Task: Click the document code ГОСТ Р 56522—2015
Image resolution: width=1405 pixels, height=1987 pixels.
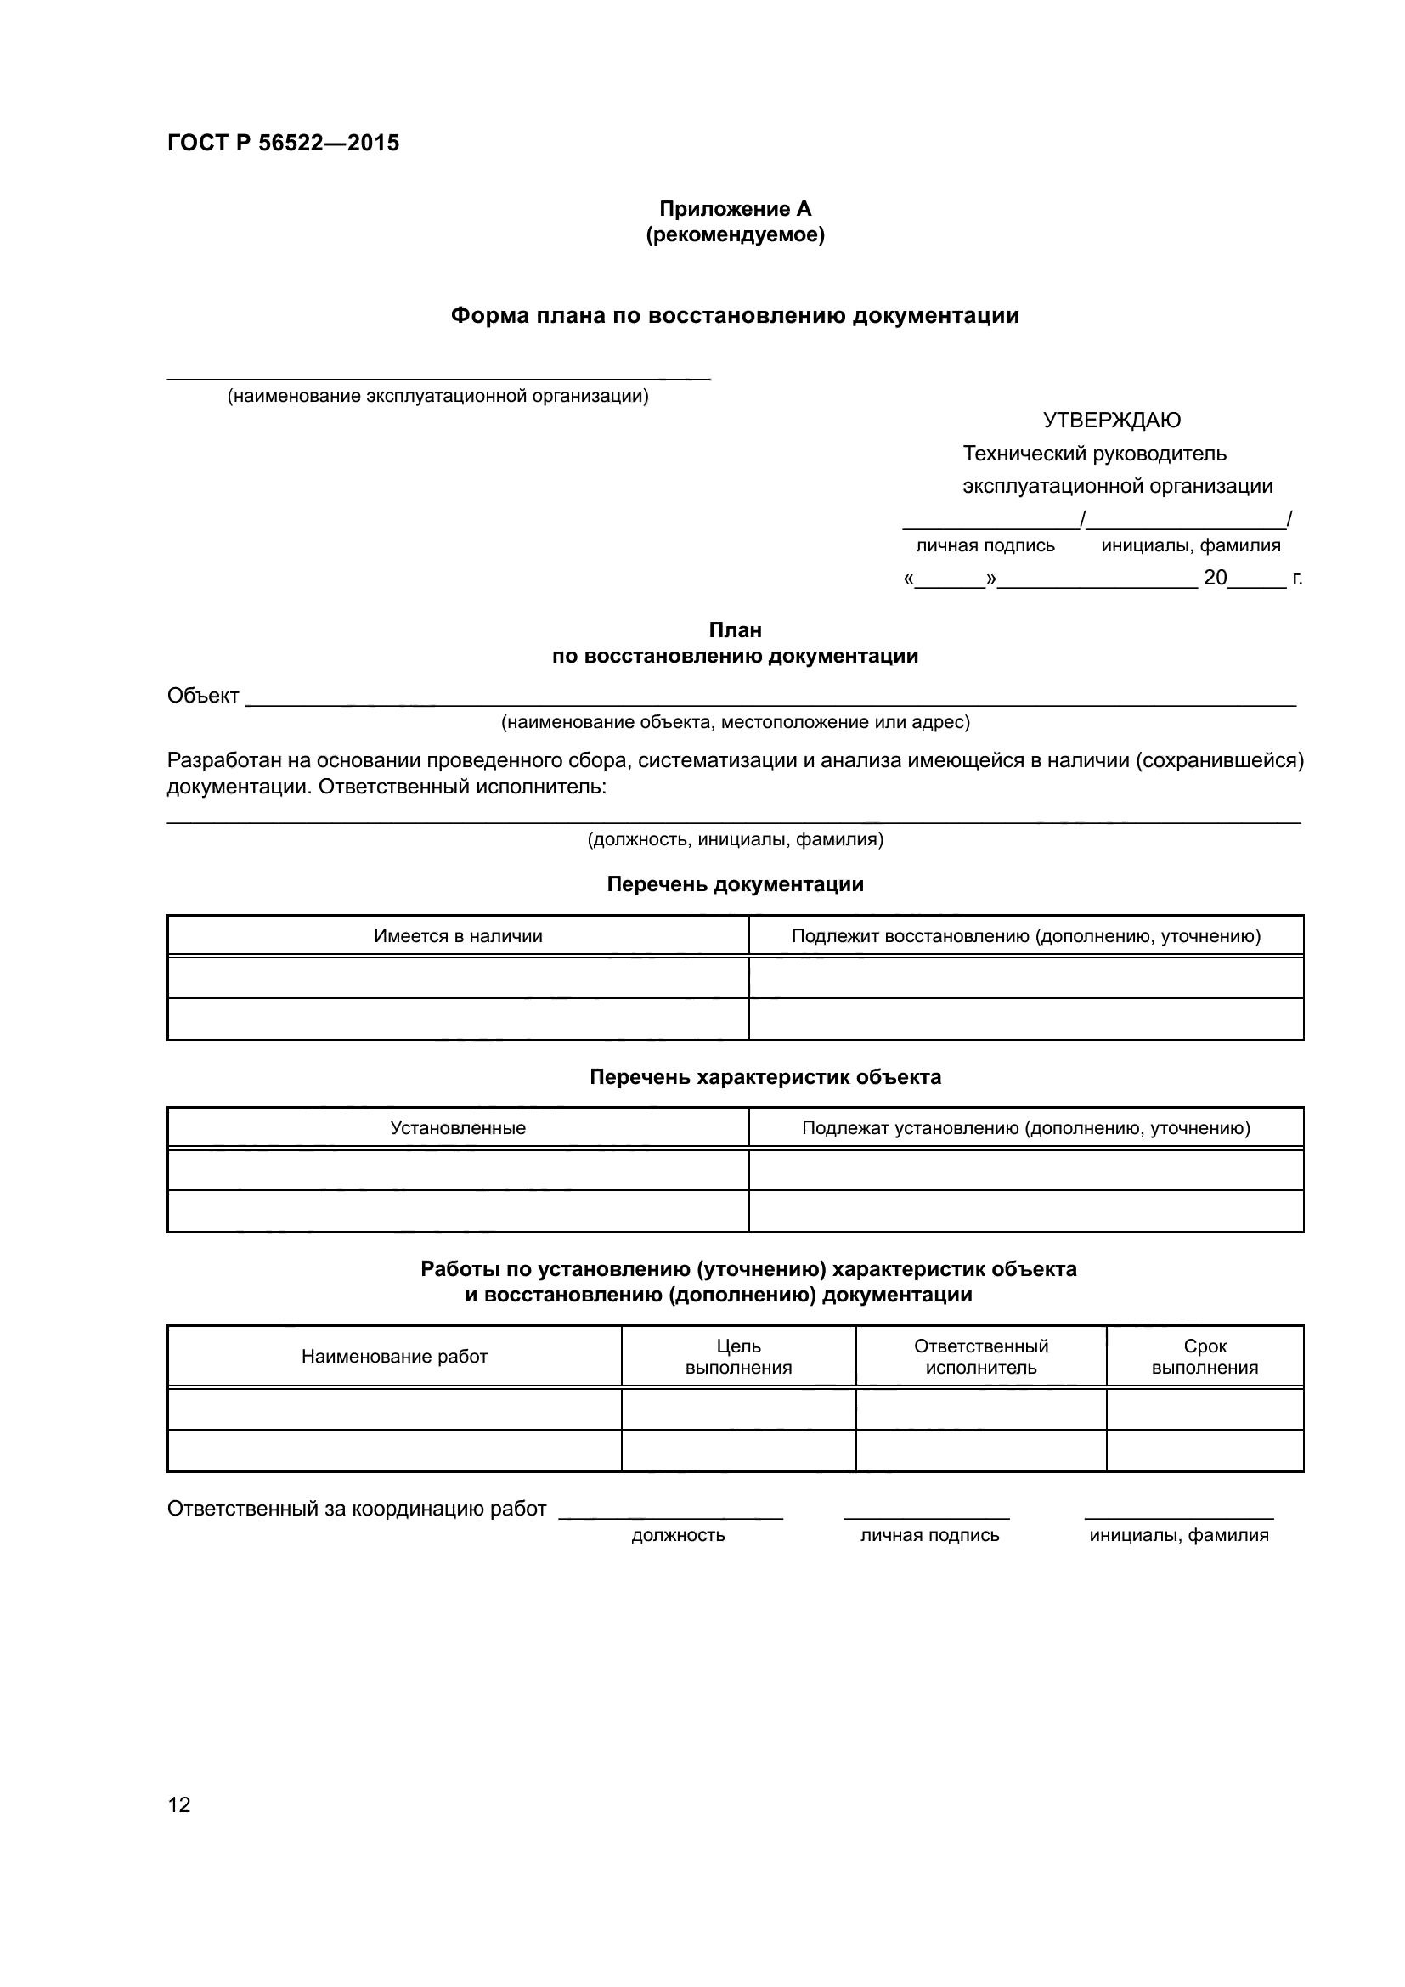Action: pyautogui.click(x=283, y=143)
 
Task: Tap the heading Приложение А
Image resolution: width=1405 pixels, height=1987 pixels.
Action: pyautogui.click(x=736, y=209)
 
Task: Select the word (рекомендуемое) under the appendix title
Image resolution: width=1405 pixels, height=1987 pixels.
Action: pyautogui.click(x=736, y=234)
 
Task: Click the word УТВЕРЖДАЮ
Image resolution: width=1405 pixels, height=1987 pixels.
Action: pyautogui.click(x=1112, y=421)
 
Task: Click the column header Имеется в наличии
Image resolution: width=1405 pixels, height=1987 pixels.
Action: pyautogui.click(x=458, y=935)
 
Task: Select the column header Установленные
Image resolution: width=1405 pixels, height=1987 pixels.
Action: pyautogui.click(x=458, y=1127)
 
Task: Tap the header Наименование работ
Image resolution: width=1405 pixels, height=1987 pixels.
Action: pyautogui.click(x=394, y=1356)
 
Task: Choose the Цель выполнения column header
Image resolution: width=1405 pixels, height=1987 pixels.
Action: pyautogui.click(x=738, y=1356)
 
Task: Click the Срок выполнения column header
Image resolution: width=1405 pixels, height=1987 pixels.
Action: pyautogui.click(x=1205, y=1356)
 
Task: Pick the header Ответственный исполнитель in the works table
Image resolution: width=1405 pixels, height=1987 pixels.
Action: pyautogui.click(x=981, y=1356)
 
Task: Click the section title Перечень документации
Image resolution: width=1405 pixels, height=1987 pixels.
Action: pyautogui.click(x=736, y=883)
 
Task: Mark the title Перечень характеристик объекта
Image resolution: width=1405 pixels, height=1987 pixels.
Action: pyautogui.click(x=765, y=1076)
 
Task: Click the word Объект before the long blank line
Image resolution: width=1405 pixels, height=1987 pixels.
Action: pyautogui.click(x=202, y=696)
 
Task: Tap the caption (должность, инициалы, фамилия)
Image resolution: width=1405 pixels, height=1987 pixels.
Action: pyautogui.click(x=736, y=838)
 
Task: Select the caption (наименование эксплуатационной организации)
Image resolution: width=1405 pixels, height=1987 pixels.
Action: pyautogui.click(x=437, y=397)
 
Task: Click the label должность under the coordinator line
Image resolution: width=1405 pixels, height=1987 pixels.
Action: pyautogui.click(x=678, y=1534)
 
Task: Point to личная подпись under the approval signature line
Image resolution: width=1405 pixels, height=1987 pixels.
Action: pyautogui.click(x=985, y=545)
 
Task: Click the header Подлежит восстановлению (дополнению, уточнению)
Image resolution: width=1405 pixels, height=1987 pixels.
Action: pyautogui.click(x=1026, y=935)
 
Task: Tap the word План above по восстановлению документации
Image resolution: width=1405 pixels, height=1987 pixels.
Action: pyautogui.click(x=736, y=630)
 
